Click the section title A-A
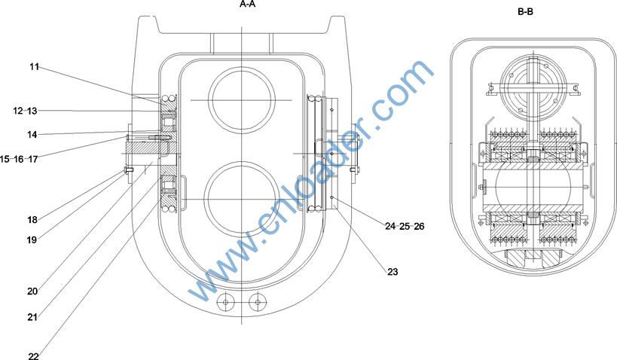pos(247,5)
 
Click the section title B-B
pos(525,12)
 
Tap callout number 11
pos(34,67)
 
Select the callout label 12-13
pos(25,111)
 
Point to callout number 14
pos(32,135)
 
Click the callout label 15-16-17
pos(19,160)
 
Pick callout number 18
pos(32,220)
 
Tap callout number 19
pos(32,239)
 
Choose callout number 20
pos(32,291)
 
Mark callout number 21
pos(32,317)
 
